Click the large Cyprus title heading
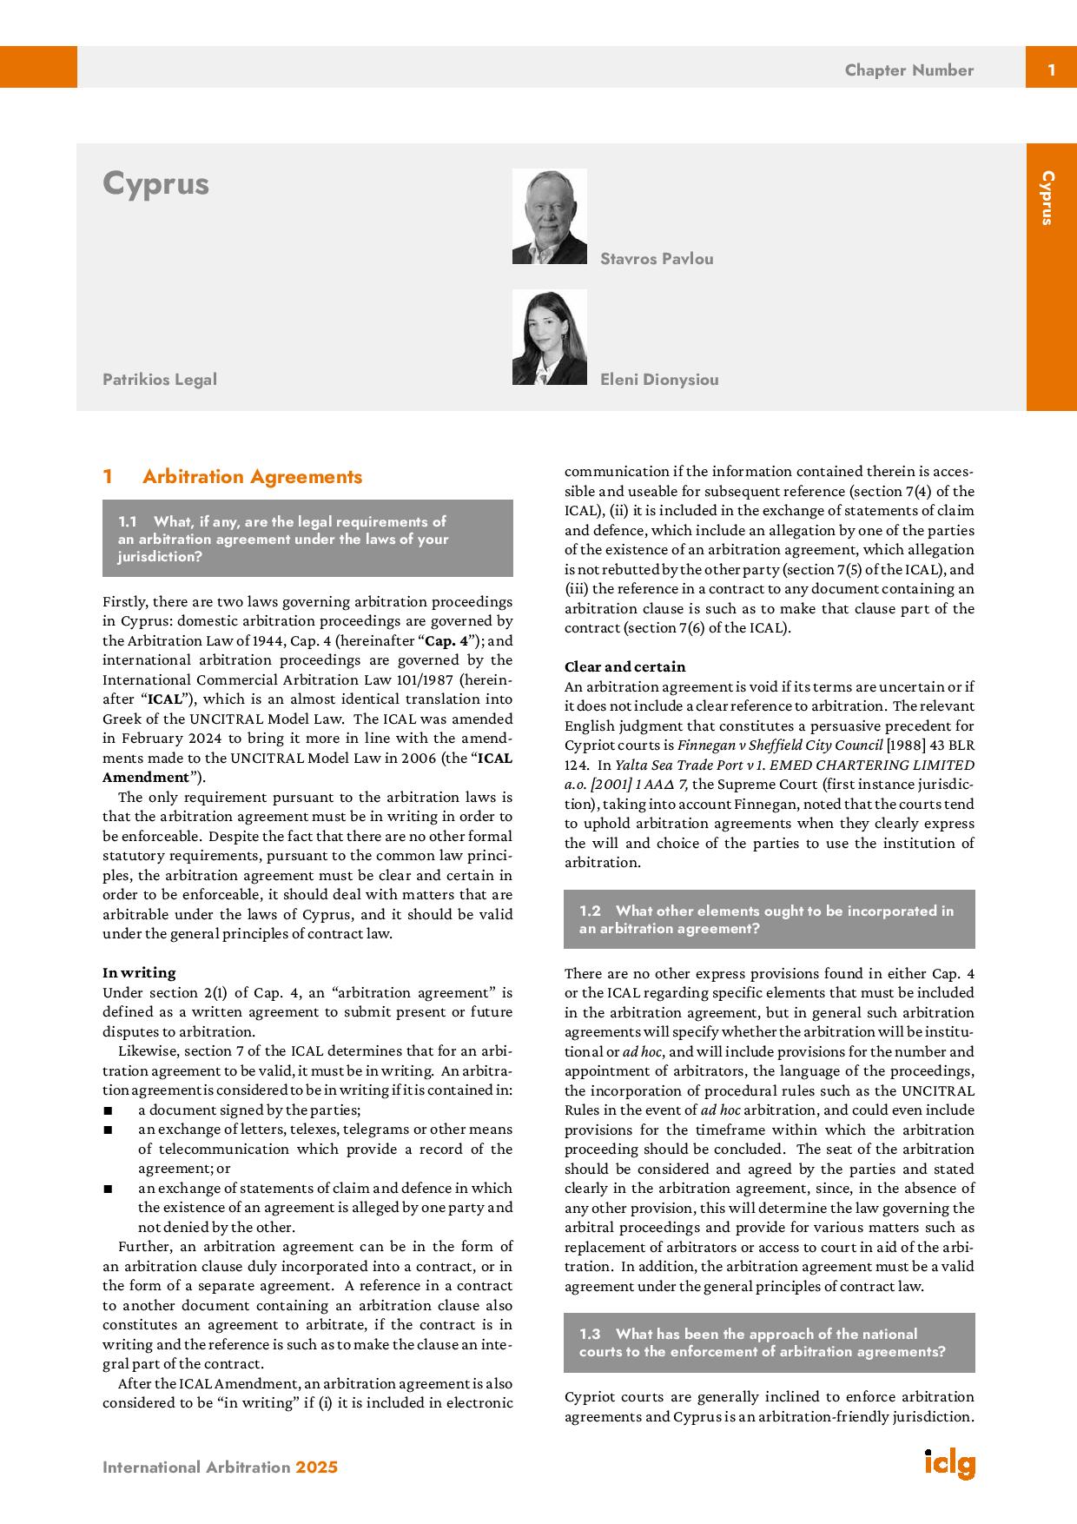[156, 184]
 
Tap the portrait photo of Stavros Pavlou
[549, 216]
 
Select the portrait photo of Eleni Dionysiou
[549, 337]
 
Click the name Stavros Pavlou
[657, 259]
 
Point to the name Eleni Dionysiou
[659, 380]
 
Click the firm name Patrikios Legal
[160, 380]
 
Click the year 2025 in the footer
[316, 1468]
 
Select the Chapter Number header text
[909, 70]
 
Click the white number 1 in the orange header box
[1051, 70]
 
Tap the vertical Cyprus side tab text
[1047, 198]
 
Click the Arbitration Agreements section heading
[252, 476]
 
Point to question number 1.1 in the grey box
[128, 522]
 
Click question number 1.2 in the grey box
[590, 911]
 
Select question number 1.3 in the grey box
[590, 1334]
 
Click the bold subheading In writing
[139, 972]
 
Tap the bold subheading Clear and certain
[624, 666]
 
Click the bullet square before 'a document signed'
[108, 1110]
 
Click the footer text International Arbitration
[196, 1468]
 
